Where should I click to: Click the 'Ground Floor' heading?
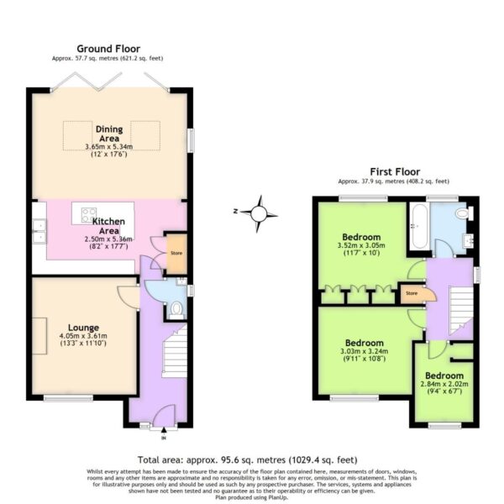tap(108, 49)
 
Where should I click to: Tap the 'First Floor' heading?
tap(393, 171)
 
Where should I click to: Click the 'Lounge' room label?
tap(85, 327)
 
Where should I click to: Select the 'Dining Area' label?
tap(108, 134)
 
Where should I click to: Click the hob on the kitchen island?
tap(85, 212)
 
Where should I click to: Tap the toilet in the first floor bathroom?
tap(461, 216)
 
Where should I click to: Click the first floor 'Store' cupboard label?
tap(412, 293)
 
